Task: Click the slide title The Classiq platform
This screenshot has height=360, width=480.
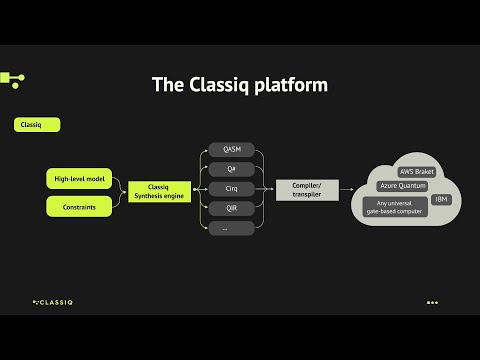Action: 239,85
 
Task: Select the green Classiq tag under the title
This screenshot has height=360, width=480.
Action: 36,125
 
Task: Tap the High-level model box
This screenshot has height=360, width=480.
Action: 78,179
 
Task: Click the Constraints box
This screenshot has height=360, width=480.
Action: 78,206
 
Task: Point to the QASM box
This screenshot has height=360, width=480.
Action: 231,150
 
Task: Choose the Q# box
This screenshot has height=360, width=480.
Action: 231,169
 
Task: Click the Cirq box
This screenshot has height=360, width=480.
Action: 231,188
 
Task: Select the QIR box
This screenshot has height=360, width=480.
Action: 231,208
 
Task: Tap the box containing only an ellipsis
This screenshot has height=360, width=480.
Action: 231,227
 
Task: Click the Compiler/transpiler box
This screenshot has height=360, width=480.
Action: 305,188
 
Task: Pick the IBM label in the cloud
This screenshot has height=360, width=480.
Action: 442,199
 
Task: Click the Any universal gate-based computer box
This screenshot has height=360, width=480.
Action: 395,205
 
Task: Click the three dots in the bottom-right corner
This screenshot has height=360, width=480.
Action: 432,302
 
